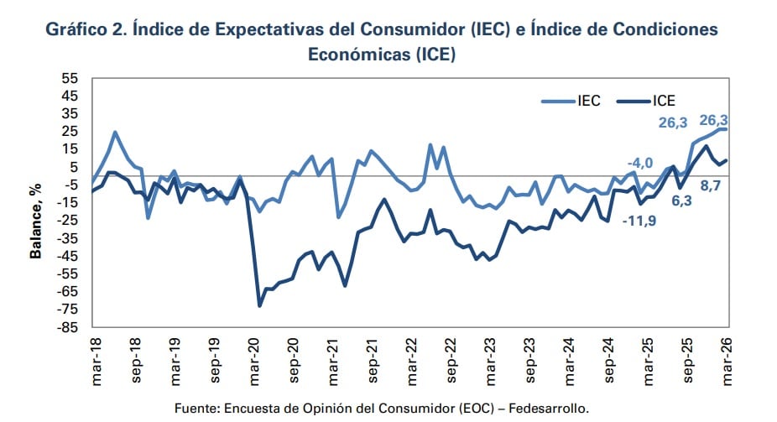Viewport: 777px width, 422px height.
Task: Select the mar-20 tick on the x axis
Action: tap(253, 362)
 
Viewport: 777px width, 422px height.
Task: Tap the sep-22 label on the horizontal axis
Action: tap(453, 362)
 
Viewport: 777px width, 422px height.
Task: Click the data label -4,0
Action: tap(639, 162)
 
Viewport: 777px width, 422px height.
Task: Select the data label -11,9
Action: tap(639, 221)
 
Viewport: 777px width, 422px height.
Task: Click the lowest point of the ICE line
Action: tap(259, 305)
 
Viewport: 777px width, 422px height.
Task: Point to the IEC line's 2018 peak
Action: tap(115, 132)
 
